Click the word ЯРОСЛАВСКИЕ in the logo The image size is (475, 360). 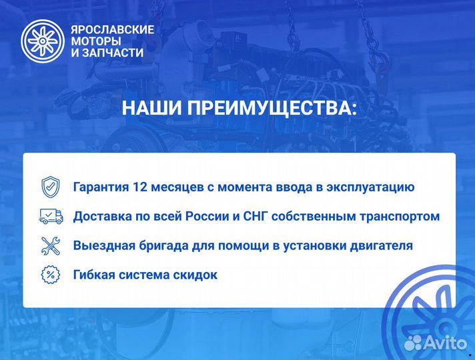click(112, 29)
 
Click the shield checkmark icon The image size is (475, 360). click(51, 187)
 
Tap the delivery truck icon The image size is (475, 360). click(51, 216)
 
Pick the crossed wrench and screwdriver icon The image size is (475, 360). click(51, 245)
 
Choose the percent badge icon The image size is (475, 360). click(51, 274)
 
